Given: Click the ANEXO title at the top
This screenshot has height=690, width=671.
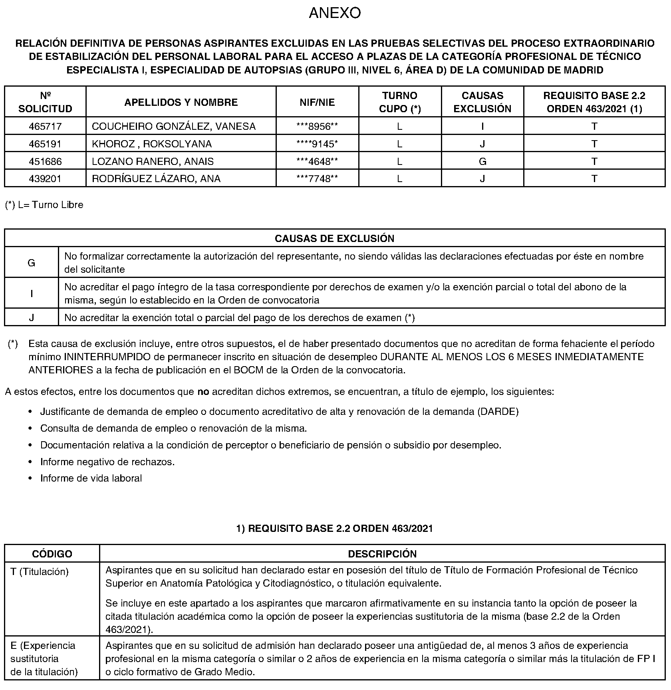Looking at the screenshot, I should [x=335, y=13].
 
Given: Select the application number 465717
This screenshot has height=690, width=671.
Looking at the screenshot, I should [x=45, y=127].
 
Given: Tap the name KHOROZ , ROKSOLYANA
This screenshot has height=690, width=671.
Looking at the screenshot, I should [x=152, y=144].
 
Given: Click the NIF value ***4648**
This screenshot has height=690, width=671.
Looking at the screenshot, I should [x=317, y=162].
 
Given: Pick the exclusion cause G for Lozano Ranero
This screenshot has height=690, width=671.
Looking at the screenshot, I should [x=482, y=162].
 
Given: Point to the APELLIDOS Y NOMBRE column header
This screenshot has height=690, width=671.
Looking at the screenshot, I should [x=181, y=102].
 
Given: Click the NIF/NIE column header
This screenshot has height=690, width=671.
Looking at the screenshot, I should [x=317, y=102].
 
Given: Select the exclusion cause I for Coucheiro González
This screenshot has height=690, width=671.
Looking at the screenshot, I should [x=482, y=127].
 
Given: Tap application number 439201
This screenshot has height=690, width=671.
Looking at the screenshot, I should [x=45, y=179].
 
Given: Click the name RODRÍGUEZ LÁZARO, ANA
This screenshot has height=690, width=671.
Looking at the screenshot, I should [x=156, y=179].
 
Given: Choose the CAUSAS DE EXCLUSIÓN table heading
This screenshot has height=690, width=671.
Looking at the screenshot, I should [x=335, y=238].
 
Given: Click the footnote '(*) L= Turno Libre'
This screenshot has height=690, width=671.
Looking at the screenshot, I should [x=44, y=205].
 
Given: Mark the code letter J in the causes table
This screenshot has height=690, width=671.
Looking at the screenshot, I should [x=31, y=318].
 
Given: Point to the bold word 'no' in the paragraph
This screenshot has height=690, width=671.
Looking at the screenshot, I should [x=203, y=392].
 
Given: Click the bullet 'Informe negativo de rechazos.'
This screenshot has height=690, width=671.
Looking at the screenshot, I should [x=107, y=462].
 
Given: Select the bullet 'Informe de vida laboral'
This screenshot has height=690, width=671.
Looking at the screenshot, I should [x=91, y=478].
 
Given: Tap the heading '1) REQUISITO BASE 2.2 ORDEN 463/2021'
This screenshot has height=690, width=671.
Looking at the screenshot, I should [x=335, y=529].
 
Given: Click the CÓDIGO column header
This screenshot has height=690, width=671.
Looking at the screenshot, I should [x=52, y=554].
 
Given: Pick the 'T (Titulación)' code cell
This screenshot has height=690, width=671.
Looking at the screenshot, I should [x=40, y=572].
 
